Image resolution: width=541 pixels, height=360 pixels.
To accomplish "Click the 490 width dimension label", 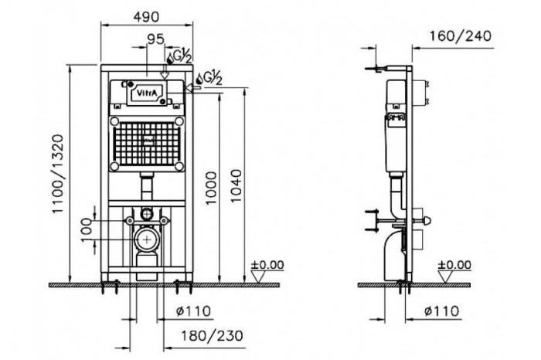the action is [x=147, y=16].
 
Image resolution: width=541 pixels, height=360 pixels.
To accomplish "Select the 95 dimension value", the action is [x=156, y=39].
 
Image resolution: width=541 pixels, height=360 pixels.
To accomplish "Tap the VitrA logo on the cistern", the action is [x=147, y=93].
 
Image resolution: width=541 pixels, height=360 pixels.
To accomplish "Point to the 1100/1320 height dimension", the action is [x=58, y=174].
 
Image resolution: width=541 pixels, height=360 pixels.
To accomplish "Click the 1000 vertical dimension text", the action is [x=211, y=188].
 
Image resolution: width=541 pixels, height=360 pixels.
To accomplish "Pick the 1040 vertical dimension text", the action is [x=236, y=186].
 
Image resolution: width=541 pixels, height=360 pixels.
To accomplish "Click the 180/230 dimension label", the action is [x=213, y=335].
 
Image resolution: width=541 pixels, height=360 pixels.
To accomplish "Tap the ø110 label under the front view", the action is [x=193, y=311].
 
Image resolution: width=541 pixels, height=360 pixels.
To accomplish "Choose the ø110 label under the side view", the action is [x=442, y=311].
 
